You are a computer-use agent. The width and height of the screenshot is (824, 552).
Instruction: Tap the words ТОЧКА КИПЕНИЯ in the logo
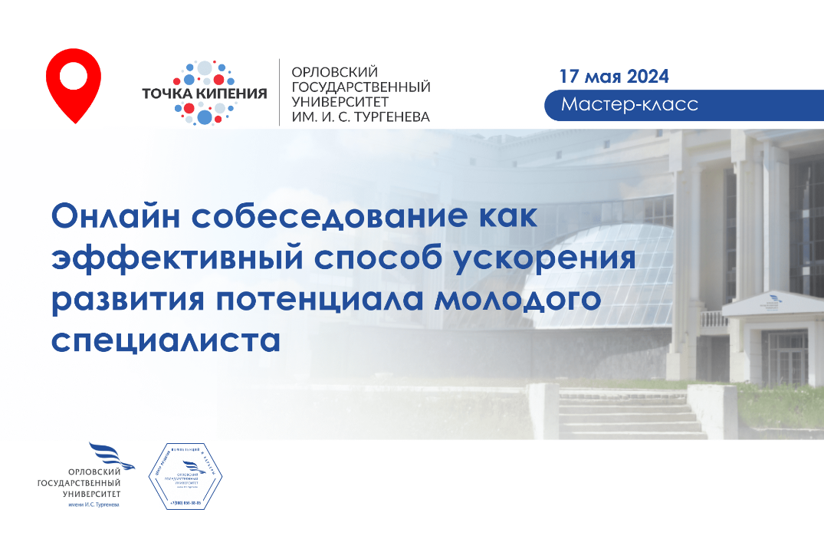(x=205, y=94)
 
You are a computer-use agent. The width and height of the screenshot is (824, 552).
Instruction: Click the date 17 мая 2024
(x=614, y=76)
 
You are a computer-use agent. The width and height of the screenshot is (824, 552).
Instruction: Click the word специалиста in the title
(x=166, y=340)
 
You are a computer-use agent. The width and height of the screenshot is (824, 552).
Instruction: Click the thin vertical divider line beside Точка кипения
(x=279, y=92)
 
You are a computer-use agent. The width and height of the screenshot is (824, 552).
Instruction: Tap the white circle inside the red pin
(x=74, y=75)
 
